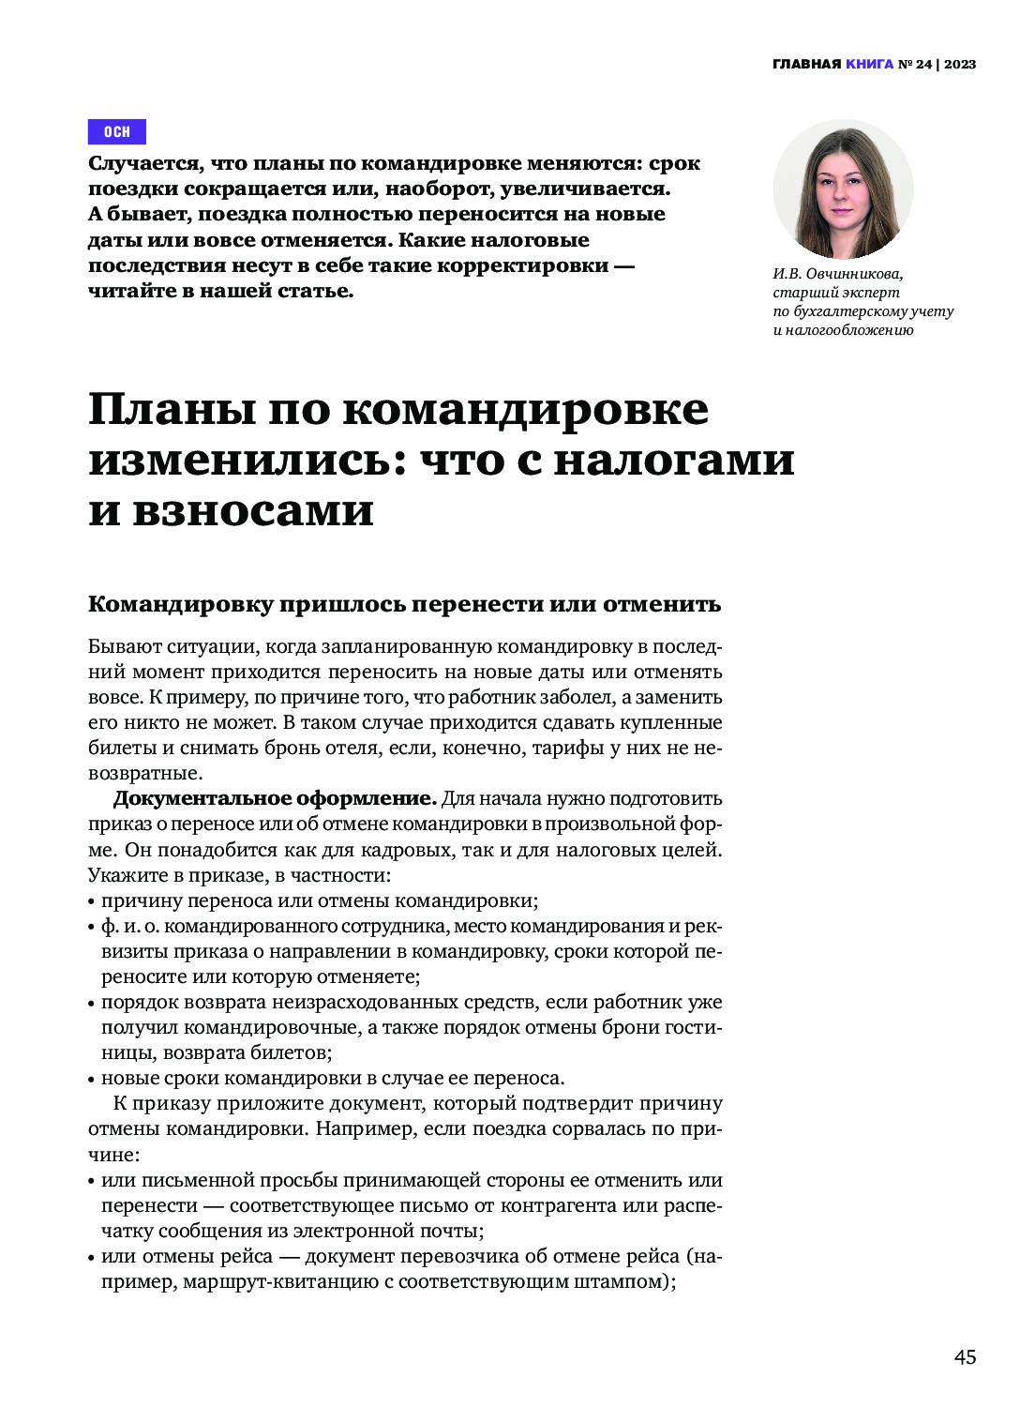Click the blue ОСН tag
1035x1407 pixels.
click(x=117, y=131)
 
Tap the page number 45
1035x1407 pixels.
click(x=965, y=1357)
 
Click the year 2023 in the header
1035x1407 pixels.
click(x=960, y=65)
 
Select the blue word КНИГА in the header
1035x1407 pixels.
click(x=869, y=65)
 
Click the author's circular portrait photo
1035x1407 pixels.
click(x=843, y=189)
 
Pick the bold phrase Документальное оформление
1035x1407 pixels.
click(x=275, y=799)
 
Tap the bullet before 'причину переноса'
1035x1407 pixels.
click(x=92, y=902)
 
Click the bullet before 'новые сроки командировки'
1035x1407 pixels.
click(x=92, y=1079)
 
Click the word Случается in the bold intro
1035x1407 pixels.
click(x=144, y=163)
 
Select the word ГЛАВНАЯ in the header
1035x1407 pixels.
click(x=806, y=65)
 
